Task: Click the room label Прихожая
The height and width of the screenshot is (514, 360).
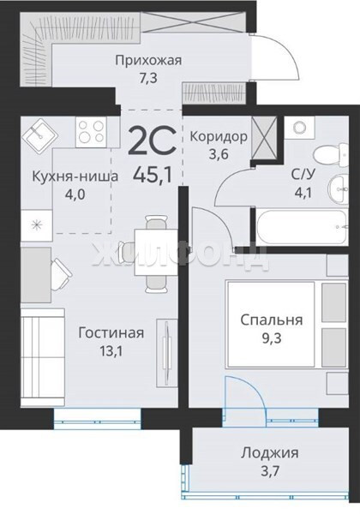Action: [x=148, y=61]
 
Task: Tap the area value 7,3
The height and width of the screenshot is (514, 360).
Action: [x=148, y=79]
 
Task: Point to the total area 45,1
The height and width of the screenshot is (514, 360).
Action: [x=153, y=175]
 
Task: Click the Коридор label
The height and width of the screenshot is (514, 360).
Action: [x=219, y=136]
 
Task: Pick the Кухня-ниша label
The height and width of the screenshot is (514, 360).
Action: [x=75, y=176]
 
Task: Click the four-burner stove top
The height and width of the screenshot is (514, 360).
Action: [x=91, y=132]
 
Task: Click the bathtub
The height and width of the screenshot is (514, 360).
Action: [x=302, y=226]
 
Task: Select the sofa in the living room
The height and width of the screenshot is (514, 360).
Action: [x=43, y=356]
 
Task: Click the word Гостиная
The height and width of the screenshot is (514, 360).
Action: [x=111, y=332]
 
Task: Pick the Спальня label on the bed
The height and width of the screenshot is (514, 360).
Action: [x=272, y=320]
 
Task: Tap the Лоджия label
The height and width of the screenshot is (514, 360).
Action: [x=270, y=453]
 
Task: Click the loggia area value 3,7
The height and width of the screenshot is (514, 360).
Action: [x=270, y=472]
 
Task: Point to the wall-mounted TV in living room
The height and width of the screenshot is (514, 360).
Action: [x=166, y=353]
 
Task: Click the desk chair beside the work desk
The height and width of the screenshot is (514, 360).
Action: [x=63, y=274]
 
